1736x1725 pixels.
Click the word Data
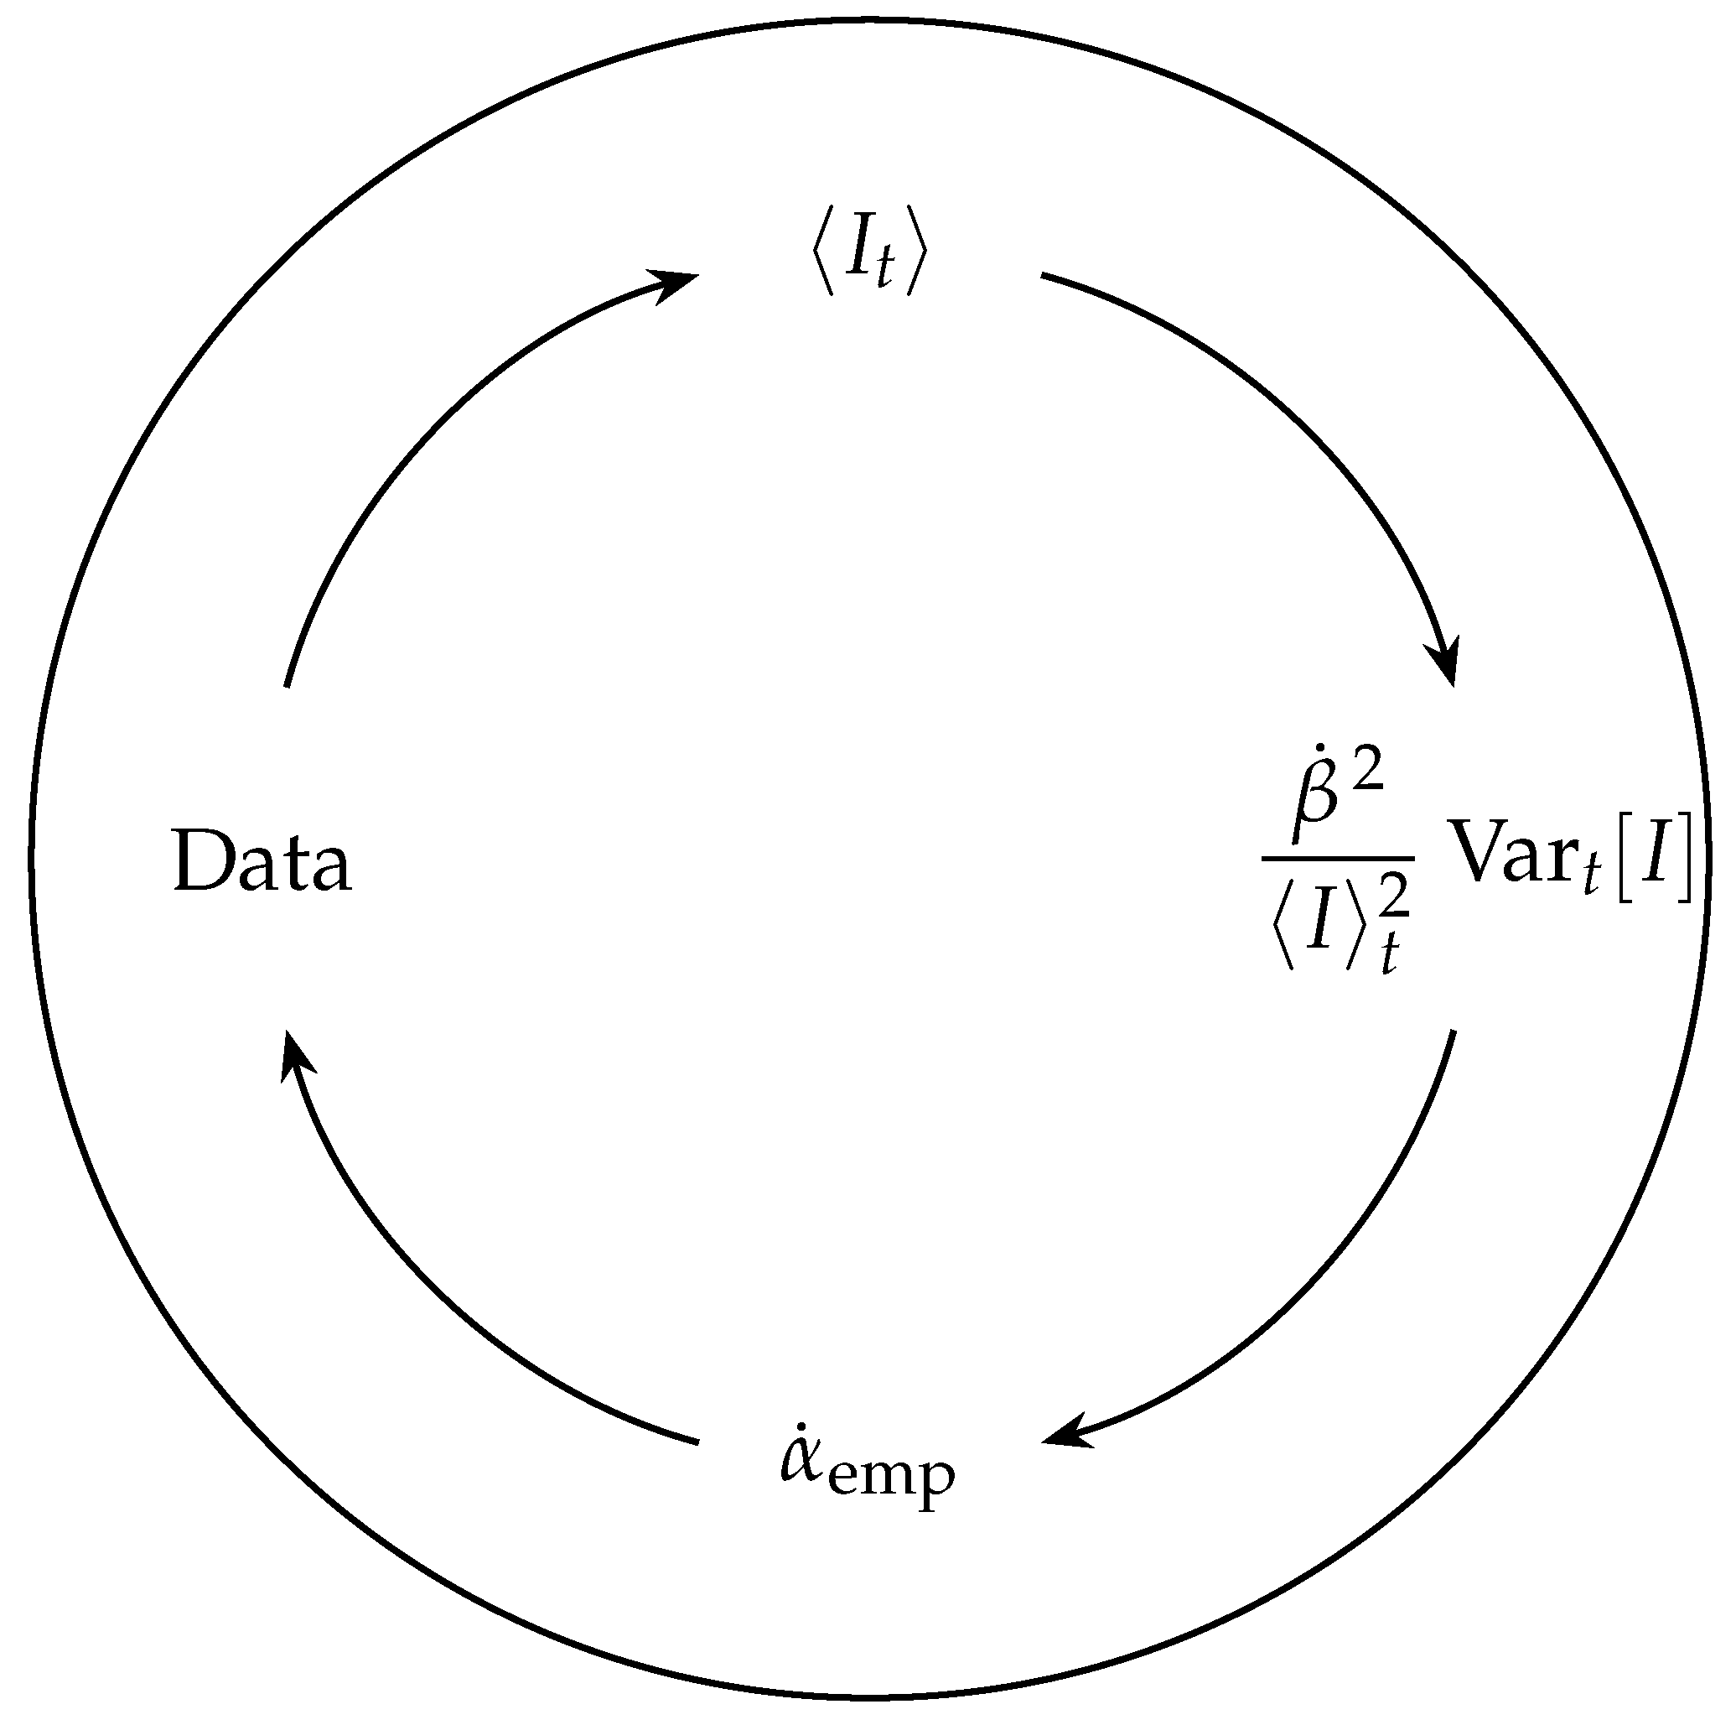tap(262, 861)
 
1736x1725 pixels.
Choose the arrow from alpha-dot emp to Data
tap(432, 1295)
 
